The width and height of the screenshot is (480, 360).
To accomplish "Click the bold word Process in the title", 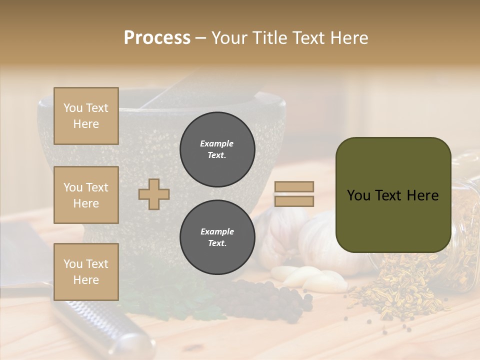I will (157, 37).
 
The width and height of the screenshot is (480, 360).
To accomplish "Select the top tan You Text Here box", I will (86, 116).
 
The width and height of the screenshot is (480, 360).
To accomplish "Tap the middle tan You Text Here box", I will (86, 195).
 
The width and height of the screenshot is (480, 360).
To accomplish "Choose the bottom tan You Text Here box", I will (86, 271).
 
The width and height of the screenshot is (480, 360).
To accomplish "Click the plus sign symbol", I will (154, 194).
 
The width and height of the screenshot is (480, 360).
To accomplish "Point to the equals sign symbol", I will (294, 194).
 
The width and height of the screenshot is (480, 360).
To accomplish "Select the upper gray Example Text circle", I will (217, 149).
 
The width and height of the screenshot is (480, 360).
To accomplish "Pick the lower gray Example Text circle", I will (217, 237).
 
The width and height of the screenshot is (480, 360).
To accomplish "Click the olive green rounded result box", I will (393, 195).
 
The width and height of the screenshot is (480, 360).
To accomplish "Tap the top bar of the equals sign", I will (294, 187).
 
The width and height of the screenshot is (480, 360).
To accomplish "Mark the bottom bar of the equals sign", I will (294, 201).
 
